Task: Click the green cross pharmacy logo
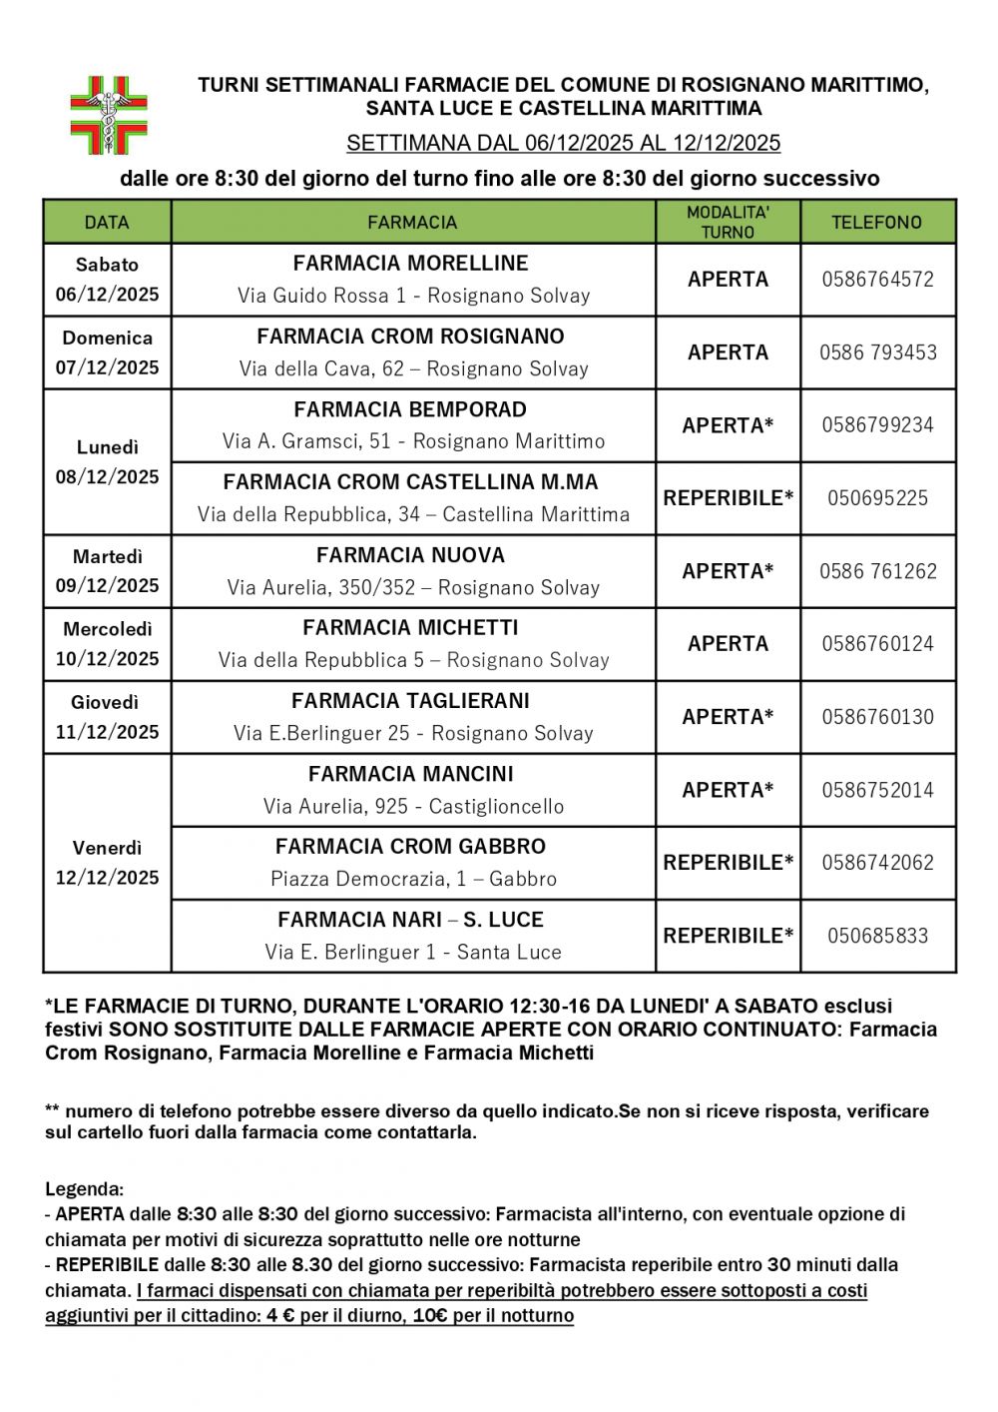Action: (x=108, y=115)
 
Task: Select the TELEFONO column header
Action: (x=877, y=223)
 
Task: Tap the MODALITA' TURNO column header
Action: (x=728, y=222)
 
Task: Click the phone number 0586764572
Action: (x=877, y=280)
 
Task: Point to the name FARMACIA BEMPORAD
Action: (x=410, y=409)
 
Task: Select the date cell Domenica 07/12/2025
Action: (x=107, y=353)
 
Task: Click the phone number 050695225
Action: (x=877, y=498)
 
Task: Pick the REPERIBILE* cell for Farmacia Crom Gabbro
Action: (x=728, y=863)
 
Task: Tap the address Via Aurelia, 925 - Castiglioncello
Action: (x=413, y=806)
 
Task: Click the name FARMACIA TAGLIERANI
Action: (x=410, y=701)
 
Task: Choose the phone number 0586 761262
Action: (x=877, y=571)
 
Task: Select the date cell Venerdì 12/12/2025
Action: (x=107, y=863)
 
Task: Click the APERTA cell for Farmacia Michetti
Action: (x=728, y=644)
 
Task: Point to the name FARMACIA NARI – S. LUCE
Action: (x=410, y=920)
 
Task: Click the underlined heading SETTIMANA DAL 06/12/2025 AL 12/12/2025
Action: (x=563, y=144)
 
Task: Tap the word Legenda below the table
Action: (x=84, y=1189)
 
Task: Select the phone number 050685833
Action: (x=877, y=936)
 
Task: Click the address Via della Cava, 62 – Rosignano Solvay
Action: (x=413, y=368)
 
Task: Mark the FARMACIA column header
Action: (x=412, y=223)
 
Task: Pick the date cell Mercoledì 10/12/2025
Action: (x=107, y=644)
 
